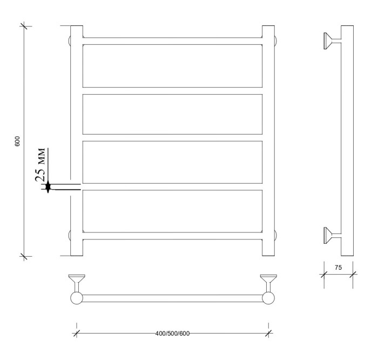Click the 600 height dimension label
(x=17, y=141)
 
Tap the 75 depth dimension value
(x=339, y=267)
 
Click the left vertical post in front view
(x=77, y=141)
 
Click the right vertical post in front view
(x=268, y=141)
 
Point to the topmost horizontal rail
(x=172, y=41)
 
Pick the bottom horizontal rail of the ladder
(x=172, y=235)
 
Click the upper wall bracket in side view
(x=330, y=41)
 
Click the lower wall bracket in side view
(x=330, y=235)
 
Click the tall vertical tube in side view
(x=347, y=141)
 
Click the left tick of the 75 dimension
(x=324, y=274)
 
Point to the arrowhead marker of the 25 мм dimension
(x=48, y=186)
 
